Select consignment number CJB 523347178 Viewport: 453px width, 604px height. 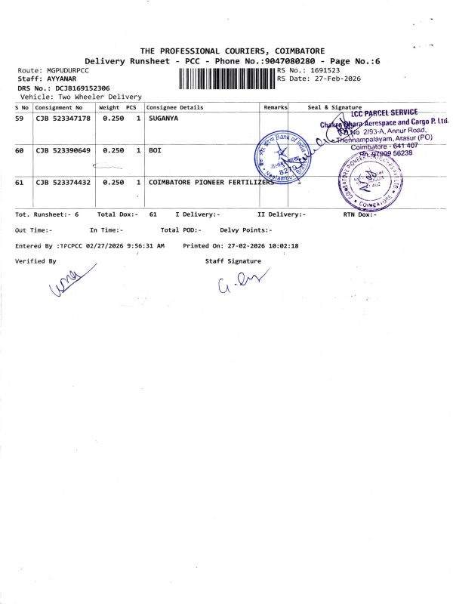tap(63, 119)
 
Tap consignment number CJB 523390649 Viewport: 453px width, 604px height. tap(63, 151)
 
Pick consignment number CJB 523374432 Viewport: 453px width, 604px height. tap(63, 183)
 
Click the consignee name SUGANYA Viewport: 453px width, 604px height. tap(164, 119)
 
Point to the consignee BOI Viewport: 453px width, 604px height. tap(155, 151)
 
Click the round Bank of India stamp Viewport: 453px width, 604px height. tap(283, 154)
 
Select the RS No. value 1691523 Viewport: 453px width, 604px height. tap(324, 69)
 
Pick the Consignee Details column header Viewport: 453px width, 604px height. tap(175, 107)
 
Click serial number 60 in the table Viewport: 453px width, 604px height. tap(20, 151)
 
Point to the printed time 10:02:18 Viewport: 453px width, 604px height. tap(279, 246)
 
